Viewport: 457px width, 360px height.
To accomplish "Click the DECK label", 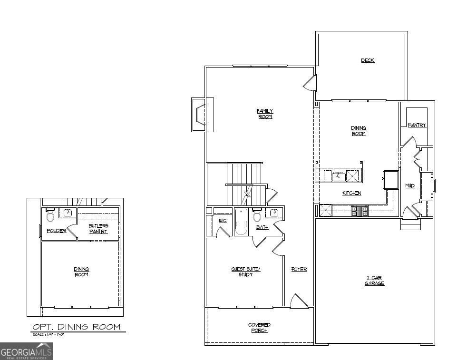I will coord(367,60).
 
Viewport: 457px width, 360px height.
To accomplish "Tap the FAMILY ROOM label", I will coord(265,114).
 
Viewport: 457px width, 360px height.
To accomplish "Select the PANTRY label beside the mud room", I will coord(417,126).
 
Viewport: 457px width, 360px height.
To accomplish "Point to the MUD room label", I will coord(409,185).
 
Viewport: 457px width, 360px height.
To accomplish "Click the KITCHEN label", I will coord(351,193).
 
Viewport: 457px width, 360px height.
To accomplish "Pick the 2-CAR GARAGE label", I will coord(374,280).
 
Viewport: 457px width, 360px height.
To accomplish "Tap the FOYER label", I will coord(299,269).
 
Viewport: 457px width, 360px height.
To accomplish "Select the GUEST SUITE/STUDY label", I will coord(245,272).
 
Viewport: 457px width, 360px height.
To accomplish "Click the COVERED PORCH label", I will coord(259,328).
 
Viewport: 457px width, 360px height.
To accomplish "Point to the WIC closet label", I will coord(223,221).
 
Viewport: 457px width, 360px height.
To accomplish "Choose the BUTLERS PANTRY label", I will coord(98,228).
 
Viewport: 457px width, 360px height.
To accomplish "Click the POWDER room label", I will coord(56,231).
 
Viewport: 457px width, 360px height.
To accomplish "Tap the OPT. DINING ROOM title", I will coord(76,327).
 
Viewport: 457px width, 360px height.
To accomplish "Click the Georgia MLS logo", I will coord(26,351).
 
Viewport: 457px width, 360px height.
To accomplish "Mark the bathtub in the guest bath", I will coord(241,222).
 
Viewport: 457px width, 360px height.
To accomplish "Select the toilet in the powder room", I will coord(50,216).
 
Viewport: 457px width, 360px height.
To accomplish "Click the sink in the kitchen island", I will coord(339,176).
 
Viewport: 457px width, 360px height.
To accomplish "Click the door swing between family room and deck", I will coord(310,83).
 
